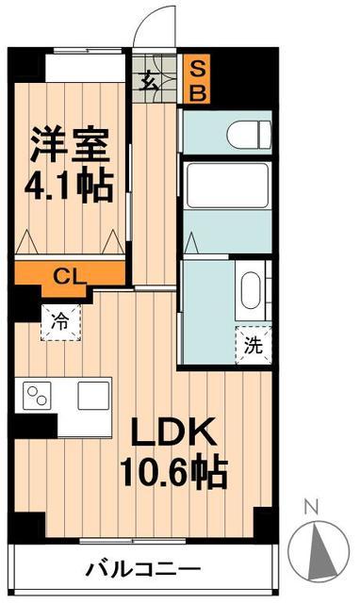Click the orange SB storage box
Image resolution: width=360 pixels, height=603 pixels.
pyautogui.click(x=197, y=79)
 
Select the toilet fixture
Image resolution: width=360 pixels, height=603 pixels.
pyautogui.click(x=249, y=134)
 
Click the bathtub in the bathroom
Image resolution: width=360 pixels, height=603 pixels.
pyautogui.click(x=227, y=186)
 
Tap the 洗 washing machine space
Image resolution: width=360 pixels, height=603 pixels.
pyautogui.click(x=254, y=345)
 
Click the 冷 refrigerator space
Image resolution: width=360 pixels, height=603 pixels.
pyautogui.click(x=60, y=322)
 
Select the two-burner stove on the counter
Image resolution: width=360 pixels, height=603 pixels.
pyautogui.click(x=38, y=396)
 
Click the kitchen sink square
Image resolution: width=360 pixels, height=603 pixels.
pyautogui.click(x=93, y=396)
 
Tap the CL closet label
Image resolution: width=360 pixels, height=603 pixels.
pyautogui.click(x=70, y=276)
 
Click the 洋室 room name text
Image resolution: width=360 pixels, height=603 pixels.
pyautogui.click(x=70, y=144)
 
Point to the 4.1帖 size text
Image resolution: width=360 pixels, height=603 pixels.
pyautogui.click(x=69, y=187)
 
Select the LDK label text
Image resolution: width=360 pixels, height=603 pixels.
pyautogui.click(x=172, y=432)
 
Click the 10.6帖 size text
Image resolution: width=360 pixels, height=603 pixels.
pyautogui.click(x=173, y=471)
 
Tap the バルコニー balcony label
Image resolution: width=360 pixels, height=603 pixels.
pyautogui.click(x=143, y=569)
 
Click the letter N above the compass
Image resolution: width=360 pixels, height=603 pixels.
pyautogui.click(x=312, y=506)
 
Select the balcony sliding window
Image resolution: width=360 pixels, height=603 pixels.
pyautogui.click(x=133, y=541)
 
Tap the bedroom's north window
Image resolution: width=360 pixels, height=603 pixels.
pyautogui.click(x=88, y=50)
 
